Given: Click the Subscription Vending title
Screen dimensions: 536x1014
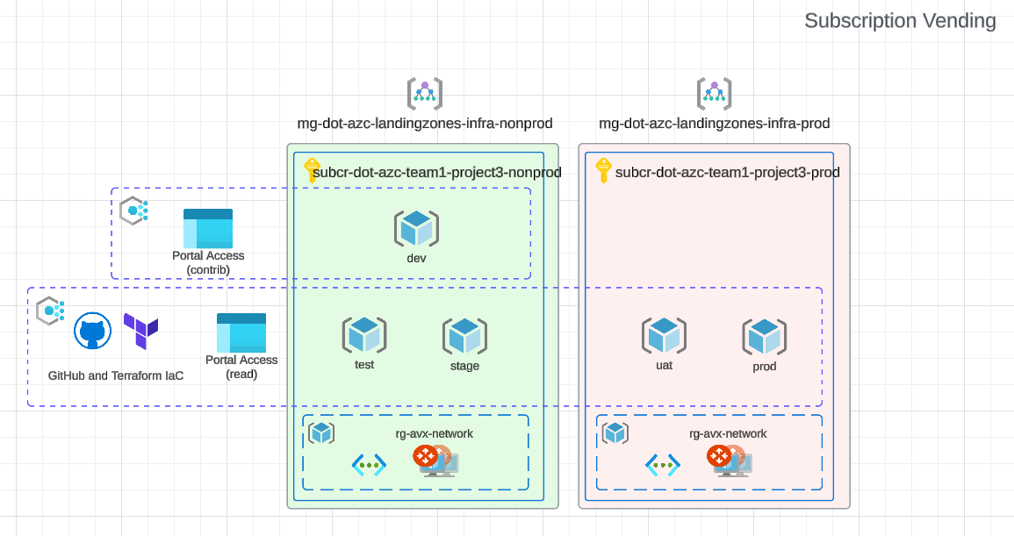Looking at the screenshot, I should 900,21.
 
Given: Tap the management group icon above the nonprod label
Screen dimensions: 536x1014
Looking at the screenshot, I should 425,93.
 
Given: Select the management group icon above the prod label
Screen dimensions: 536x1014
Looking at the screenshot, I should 715,93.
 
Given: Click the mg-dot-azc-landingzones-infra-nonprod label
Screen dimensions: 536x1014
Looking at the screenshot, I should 425,124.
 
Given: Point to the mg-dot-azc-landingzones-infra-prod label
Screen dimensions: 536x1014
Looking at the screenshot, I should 714,124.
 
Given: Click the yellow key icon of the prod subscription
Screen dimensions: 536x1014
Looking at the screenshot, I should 603,170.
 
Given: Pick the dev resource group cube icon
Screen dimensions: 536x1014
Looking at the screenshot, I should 416,228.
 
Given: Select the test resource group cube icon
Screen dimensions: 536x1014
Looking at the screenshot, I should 364,335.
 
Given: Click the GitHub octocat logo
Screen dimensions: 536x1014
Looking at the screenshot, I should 92,332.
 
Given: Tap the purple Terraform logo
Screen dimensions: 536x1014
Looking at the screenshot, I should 140,332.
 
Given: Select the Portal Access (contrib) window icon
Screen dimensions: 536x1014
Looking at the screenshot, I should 208,228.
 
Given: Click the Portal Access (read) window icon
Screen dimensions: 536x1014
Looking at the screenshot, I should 241,332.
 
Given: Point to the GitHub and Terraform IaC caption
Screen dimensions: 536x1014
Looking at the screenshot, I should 116,375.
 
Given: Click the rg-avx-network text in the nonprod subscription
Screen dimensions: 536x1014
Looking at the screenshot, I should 435,433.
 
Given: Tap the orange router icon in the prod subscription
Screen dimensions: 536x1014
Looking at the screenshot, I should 719,455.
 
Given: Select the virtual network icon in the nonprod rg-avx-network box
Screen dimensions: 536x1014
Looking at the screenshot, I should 369,465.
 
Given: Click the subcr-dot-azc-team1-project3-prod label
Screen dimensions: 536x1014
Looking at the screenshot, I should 728,173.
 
